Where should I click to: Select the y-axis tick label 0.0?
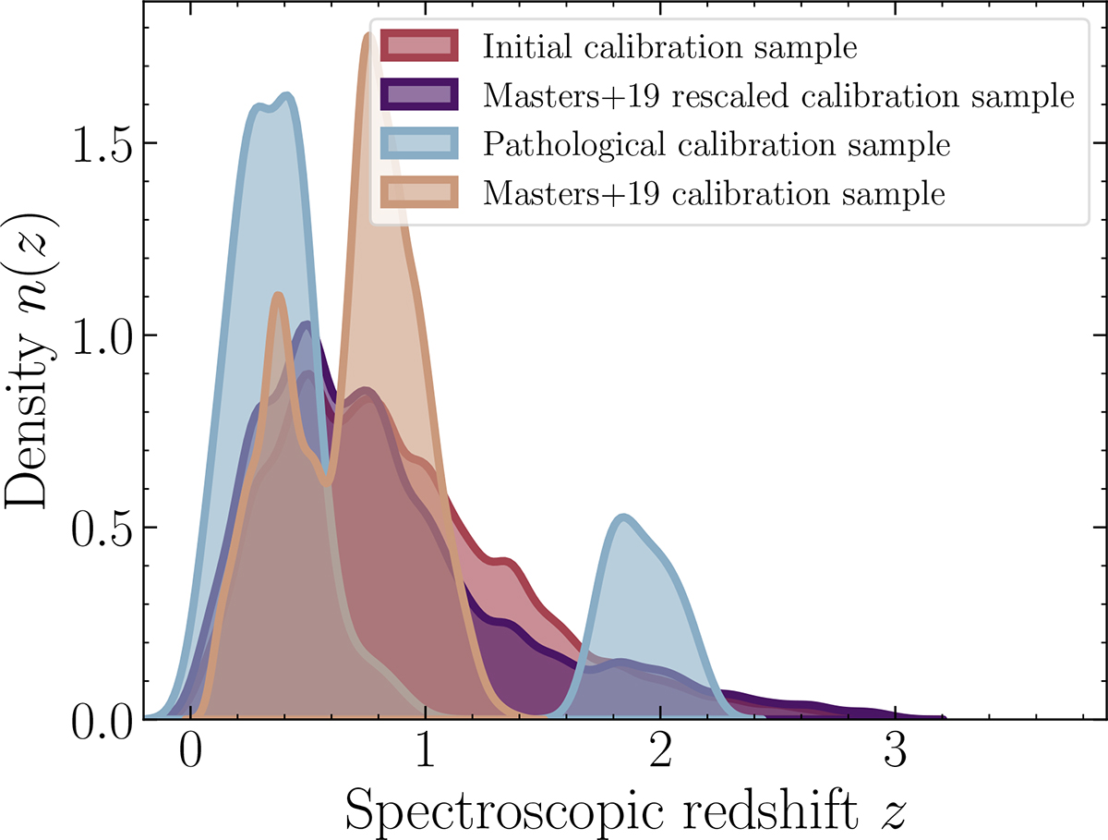(x=102, y=719)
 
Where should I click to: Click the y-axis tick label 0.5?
(x=102, y=528)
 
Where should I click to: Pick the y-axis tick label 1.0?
(x=102, y=335)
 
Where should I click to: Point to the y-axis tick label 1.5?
(x=102, y=143)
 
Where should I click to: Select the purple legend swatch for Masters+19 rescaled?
(x=420, y=95)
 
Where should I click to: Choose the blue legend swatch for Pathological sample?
(x=420, y=145)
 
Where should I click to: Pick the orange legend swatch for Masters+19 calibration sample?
(x=420, y=195)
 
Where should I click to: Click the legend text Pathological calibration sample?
(x=716, y=145)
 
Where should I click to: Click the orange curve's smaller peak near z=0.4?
(x=279, y=296)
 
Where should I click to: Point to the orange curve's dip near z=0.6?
(x=326, y=481)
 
